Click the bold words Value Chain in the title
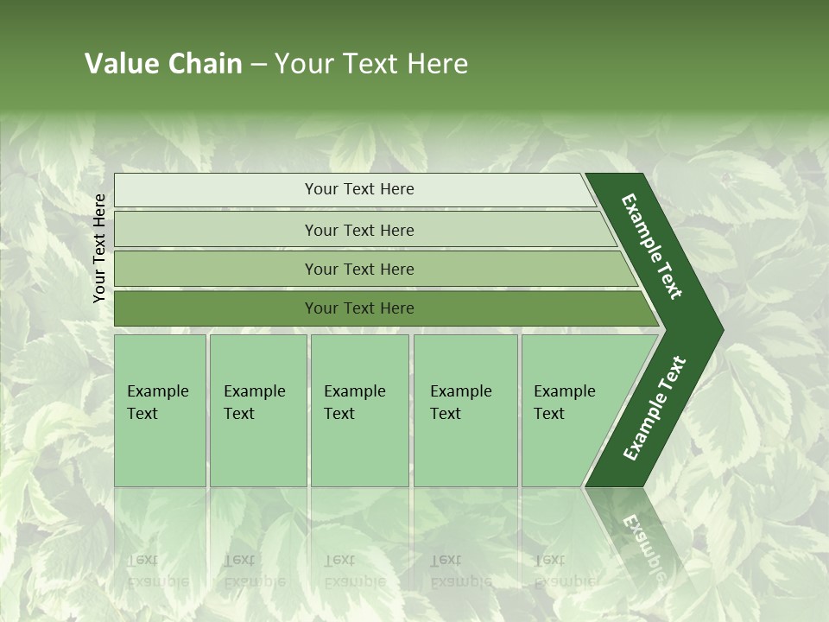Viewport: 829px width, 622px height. (163, 64)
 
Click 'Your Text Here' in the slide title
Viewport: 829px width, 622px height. (371, 64)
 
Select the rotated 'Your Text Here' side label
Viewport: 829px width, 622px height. (99, 248)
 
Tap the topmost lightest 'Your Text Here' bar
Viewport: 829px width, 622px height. (358, 189)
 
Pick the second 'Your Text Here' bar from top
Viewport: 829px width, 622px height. (358, 230)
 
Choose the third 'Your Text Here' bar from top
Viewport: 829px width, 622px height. (358, 269)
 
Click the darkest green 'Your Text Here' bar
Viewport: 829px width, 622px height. (358, 308)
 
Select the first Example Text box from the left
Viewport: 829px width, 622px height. (160, 410)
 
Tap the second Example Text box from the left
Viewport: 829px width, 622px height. (257, 410)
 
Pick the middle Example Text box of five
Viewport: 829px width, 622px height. (359, 410)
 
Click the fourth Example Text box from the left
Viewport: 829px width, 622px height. (465, 410)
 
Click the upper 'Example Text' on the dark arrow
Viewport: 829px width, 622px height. (652, 246)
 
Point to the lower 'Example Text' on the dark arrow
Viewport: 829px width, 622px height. (655, 408)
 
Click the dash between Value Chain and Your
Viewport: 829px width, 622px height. (258, 64)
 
